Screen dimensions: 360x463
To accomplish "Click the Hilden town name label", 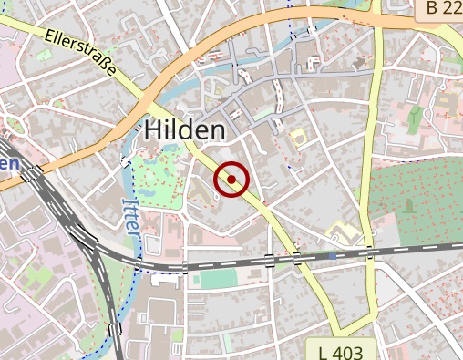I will (184, 130).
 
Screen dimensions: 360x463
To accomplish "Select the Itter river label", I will (132, 218).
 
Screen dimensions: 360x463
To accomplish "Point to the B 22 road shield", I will (444, 9).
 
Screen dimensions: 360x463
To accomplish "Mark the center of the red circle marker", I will (232, 180).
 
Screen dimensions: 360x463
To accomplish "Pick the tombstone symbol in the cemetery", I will (408, 205).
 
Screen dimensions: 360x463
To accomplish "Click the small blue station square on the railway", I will (332, 256).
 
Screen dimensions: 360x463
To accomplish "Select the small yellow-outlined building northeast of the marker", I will (296, 137).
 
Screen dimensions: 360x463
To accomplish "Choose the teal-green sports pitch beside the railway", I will (217, 279).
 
